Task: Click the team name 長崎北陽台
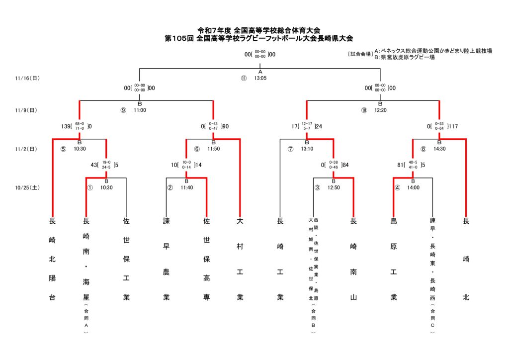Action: pyautogui.click(x=52, y=259)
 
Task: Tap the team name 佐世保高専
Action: pyautogui.click(x=206, y=259)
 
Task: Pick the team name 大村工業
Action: pyautogui.click(x=240, y=259)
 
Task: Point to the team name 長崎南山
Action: pyautogui.click(x=353, y=259)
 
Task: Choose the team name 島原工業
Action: pyautogui.click(x=394, y=259)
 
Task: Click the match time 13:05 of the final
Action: pyautogui.click(x=260, y=78)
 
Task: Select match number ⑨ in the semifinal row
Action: pyautogui.click(x=123, y=110)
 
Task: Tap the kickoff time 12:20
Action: pyautogui.click(x=381, y=110)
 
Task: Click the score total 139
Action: pyautogui.click(x=66, y=126)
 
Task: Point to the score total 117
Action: pyautogui.click(x=452, y=126)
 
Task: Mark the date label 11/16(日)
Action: pyautogui.click(x=27, y=78)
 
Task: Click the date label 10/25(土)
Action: pyautogui.click(x=27, y=187)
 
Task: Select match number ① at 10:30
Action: pyautogui.click(x=90, y=187)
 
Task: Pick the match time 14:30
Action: pyautogui.click(x=439, y=148)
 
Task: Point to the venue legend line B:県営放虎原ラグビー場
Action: pyautogui.click(x=405, y=57)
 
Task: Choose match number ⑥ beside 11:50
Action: pyautogui.click(x=197, y=148)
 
